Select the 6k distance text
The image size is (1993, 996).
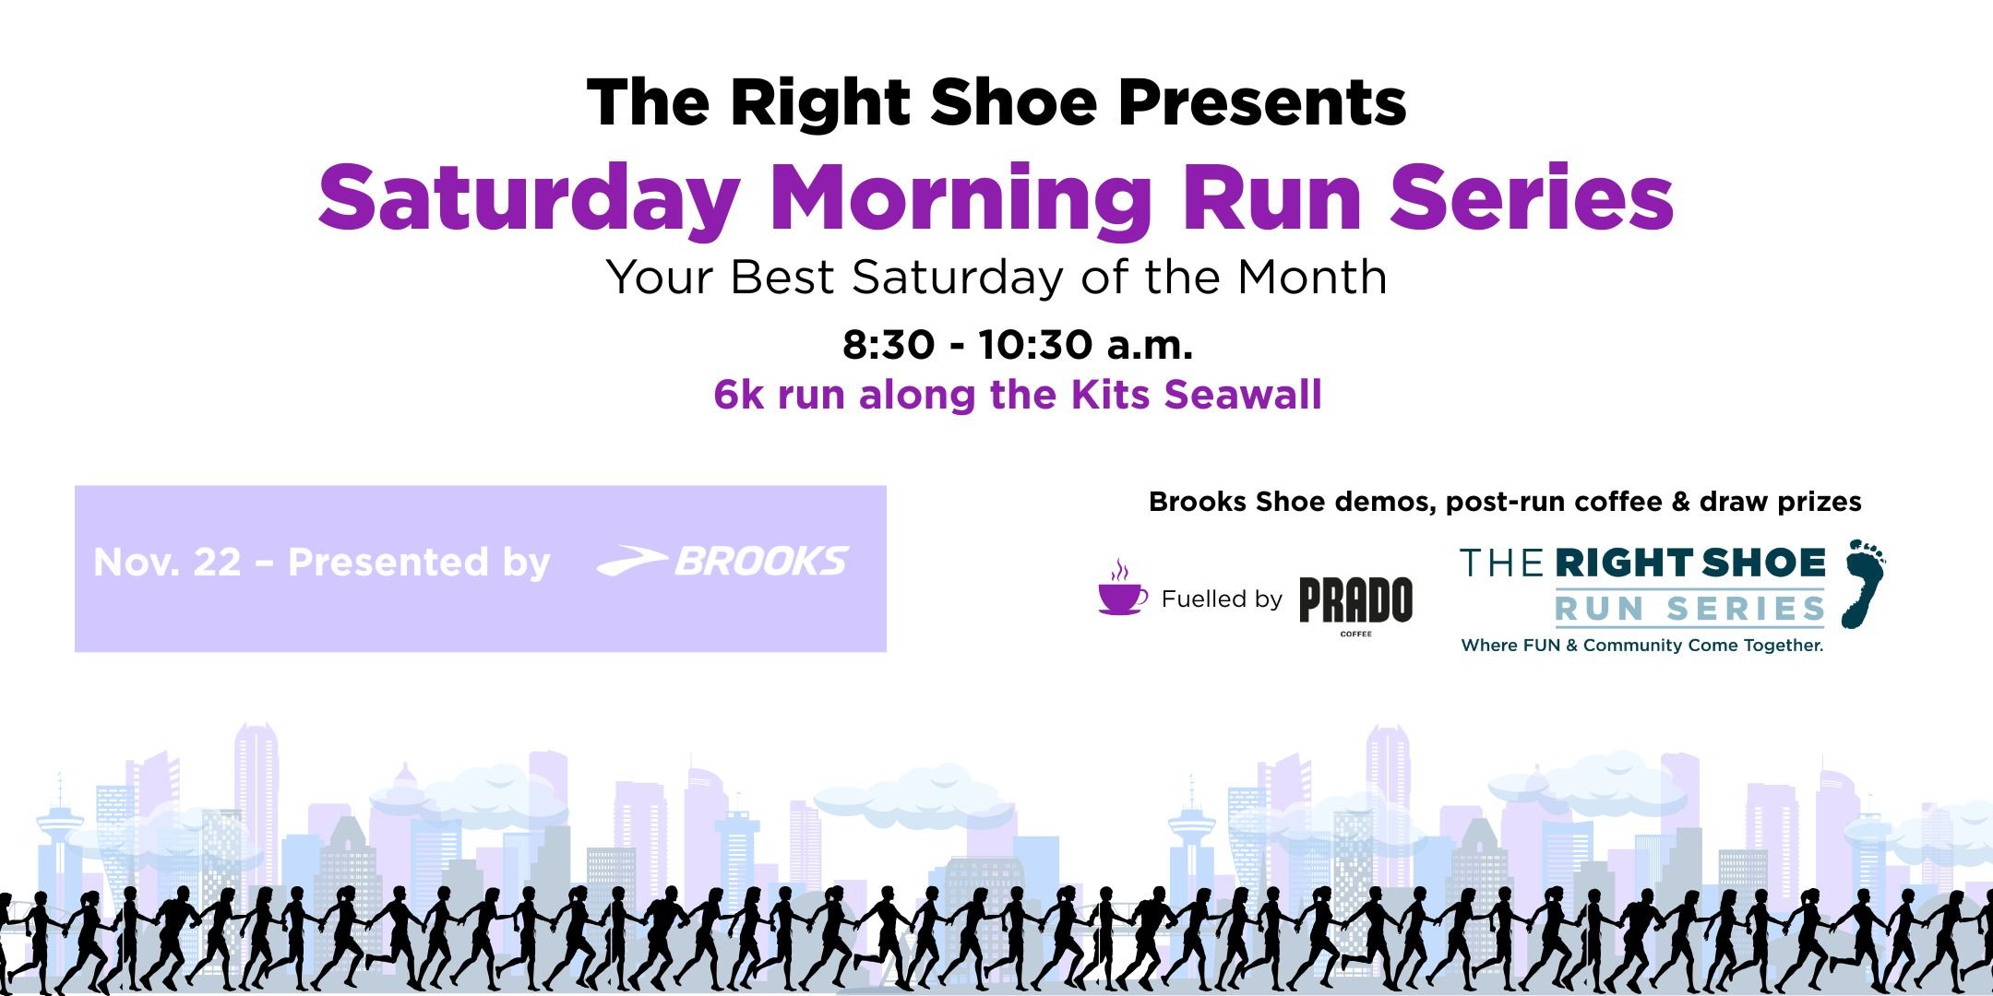pos(739,395)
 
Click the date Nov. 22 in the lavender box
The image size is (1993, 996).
pos(167,562)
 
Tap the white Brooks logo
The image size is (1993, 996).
pos(722,561)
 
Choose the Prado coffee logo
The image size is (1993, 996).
pos(1355,602)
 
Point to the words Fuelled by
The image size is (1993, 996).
pos(1222,599)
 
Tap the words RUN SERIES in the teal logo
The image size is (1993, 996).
pos(1689,609)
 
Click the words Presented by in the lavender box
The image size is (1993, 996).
pos(419,562)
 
